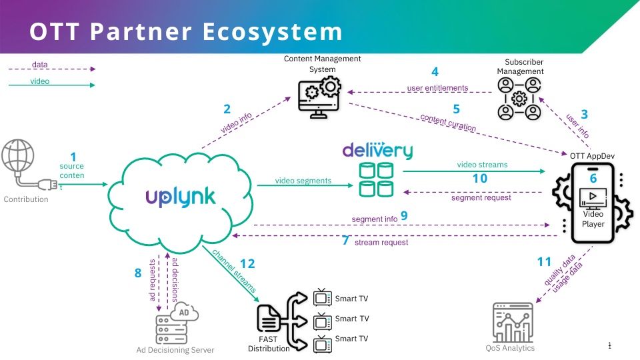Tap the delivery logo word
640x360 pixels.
[377, 149]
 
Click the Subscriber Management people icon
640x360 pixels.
[519, 99]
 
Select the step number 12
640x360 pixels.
[247, 265]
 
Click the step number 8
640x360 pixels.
[138, 273]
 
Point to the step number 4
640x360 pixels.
[435, 71]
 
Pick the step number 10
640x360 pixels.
[479, 179]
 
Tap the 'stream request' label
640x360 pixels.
[381, 243]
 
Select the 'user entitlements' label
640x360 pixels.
[437, 87]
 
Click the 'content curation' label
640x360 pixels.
[448, 123]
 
